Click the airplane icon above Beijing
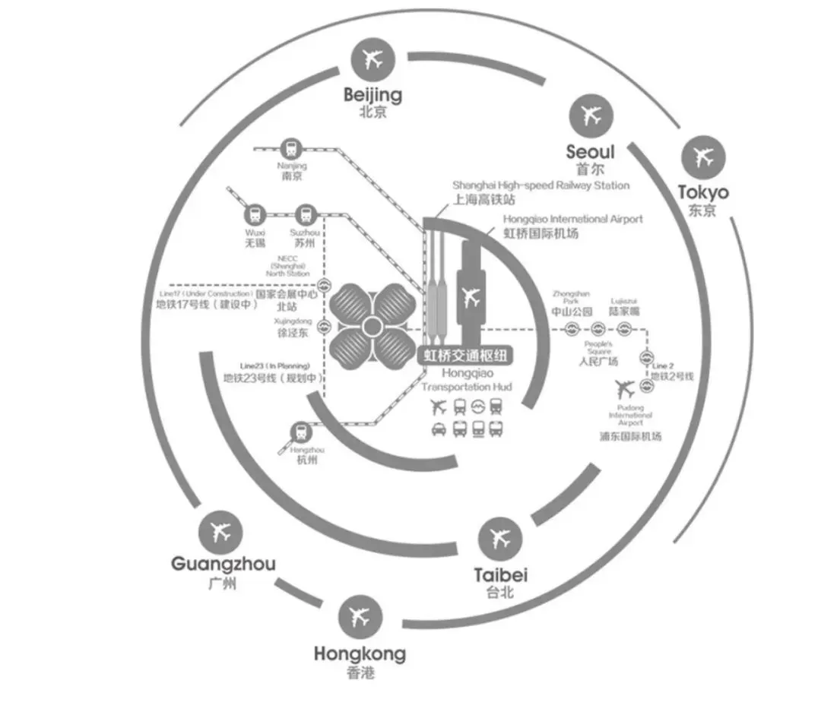coord(372,60)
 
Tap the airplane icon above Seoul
coord(591,115)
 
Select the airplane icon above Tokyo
coord(703,157)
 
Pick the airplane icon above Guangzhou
coord(221,532)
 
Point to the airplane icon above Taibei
coord(500,538)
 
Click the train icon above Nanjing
coord(291,148)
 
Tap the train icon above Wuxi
coord(254,215)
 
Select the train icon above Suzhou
coord(306,215)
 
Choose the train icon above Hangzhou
coord(303,432)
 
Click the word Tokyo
coord(703,192)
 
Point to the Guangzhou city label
coord(223,564)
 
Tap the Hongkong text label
coord(360,653)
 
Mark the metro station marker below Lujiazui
coord(624,329)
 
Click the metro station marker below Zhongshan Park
coord(572,329)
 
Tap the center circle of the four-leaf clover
coord(371,328)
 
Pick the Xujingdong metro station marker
coord(325,327)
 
